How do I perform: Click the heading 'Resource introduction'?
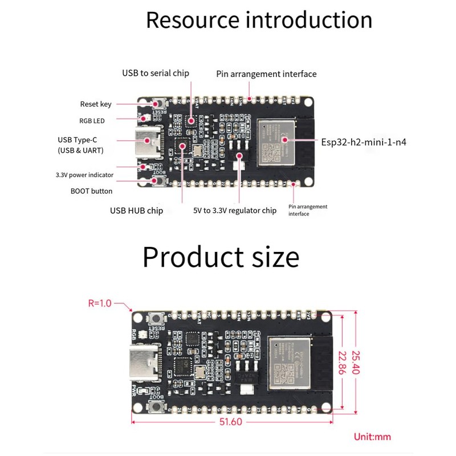click(259, 20)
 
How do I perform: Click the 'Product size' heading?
click(221, 256)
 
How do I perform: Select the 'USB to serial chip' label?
click(155, 73)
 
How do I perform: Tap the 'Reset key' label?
click(96, 104)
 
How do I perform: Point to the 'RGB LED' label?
click(92, 120)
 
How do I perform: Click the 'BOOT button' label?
click(91, 191)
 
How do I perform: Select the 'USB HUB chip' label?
click(136, 210)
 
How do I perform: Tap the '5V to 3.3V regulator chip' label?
click(235, 210)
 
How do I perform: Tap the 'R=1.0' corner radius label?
click(101, 304)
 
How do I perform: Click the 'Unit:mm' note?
click(372, 437)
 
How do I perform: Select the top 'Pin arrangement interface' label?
click(266, 74)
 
